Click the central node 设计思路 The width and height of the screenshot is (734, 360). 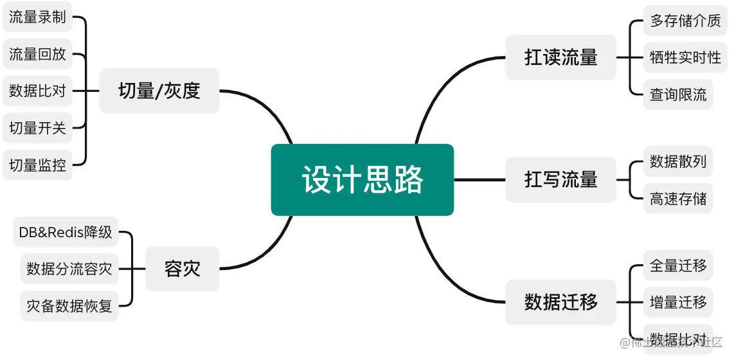[x=363, y=179]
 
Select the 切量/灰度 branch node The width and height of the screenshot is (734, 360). [x=159, y=91]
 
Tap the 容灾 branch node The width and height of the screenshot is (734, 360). [x=183, y=269]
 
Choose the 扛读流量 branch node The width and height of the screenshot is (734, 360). [x=560, y=57]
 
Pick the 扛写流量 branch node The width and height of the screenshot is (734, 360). [x=560, y=179]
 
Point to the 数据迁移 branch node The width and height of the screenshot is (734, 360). [x=560, y=301]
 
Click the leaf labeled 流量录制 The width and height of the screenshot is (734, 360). [x=37, y=17]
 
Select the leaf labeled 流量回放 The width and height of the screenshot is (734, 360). [x=37, y=54]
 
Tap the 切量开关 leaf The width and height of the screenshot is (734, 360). [x=37, y=128]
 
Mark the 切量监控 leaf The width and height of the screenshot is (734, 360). [x=37, y=165]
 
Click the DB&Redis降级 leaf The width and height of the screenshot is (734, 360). [x=66, y=232]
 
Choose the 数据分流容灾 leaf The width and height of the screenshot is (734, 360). [x=69, y=269]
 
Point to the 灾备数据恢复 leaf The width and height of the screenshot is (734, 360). [x=69, y=306]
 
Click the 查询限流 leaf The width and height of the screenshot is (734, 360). [x=677, y=94]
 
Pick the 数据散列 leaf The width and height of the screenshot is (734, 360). [x=677, y=161]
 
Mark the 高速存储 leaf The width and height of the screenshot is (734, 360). [x=677, y=199]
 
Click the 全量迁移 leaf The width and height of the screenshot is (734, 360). [x=677, y=265]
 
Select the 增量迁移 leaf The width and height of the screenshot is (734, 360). [x=677, y=301]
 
